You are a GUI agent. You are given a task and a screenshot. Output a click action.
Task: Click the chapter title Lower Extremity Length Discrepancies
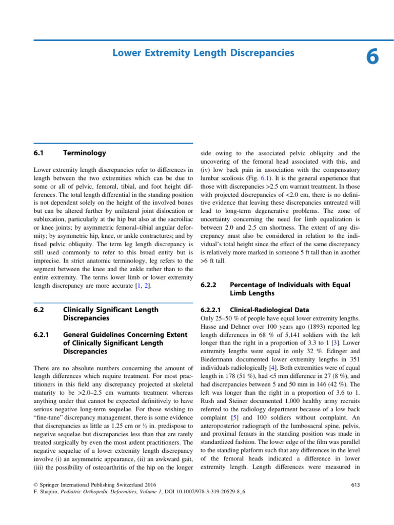point(203,53)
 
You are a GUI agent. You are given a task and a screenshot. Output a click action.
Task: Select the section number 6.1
point(40,153)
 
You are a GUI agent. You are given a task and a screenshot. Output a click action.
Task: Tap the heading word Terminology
point(84,153)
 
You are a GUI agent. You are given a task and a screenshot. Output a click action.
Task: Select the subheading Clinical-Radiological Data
point(270,310)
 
